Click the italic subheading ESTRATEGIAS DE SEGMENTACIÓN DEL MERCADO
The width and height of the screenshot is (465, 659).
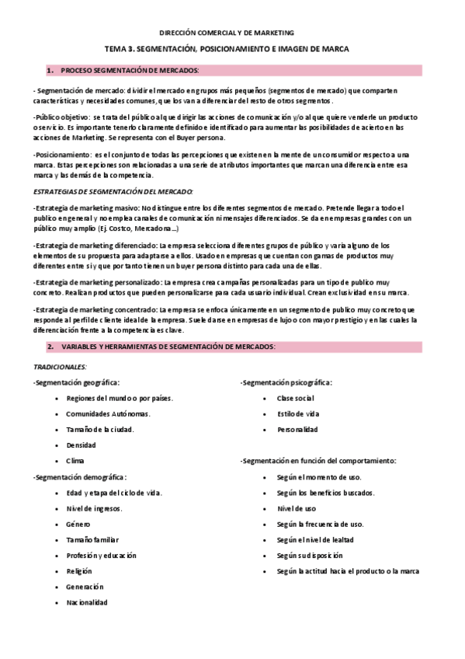pos(113,190)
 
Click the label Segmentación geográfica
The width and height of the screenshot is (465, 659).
pos(76,382)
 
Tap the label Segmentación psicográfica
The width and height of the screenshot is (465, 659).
pos(286,382)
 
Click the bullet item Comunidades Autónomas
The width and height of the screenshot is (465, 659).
pos(108,413)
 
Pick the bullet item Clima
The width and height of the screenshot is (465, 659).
pos(75,461)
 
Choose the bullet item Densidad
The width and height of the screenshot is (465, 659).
pos(81,445)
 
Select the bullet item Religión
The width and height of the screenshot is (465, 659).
pos(79,571)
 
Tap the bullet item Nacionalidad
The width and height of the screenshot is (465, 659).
pos(87,602)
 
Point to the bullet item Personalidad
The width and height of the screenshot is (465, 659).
pos(297,429)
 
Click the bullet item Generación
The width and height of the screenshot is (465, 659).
pos(85,587)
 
